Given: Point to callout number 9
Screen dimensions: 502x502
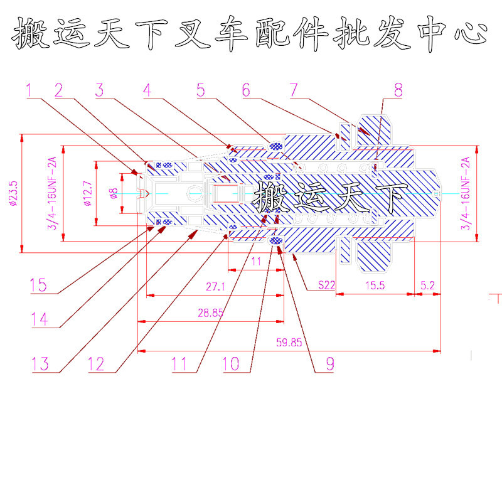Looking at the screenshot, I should click(x=329, y=363).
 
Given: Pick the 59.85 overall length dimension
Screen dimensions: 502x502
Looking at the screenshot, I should click(x=289, y=343).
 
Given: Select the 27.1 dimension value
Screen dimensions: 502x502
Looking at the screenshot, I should click(x=215, y=287).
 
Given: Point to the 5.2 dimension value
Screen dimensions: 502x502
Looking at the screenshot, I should click(x=427, y=285).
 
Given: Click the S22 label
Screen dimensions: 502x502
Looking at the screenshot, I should click(x=326, y=285).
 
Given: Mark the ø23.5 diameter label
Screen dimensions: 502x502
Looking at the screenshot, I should click(x=13, y=193).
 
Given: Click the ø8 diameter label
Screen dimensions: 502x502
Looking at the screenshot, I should click(x=113, y=193).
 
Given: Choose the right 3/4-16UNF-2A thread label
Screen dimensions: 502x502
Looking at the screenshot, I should click(x=465, y=193).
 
